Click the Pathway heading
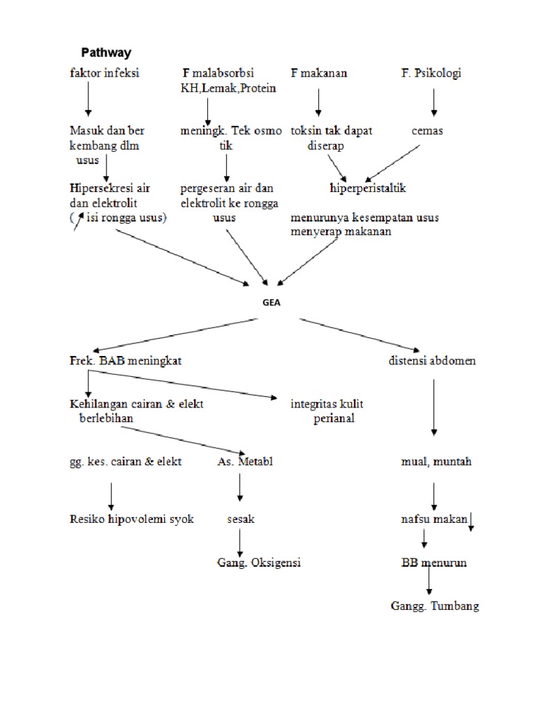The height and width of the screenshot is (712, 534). click(x=106, y=52)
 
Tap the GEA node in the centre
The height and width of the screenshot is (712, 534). click(x=271, y=303)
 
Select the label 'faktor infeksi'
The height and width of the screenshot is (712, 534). click(x=104, y=73)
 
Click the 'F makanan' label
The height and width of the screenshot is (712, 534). click(x=319, y=73)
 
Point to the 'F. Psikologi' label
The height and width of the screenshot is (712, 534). click(x=431, y=73)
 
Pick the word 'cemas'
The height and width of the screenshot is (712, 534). click(x=427, y=130)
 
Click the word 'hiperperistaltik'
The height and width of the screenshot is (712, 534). click(x=368, y=188)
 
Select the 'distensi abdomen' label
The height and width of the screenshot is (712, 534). click(x=432, y=361)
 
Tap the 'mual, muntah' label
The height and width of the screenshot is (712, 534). click(x=436, y=461)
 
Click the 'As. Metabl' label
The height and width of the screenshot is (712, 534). click(x=241, y=461)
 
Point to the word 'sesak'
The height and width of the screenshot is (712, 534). click(x=241, y=519)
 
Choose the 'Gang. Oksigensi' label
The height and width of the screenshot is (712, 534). click(x=259, y=563)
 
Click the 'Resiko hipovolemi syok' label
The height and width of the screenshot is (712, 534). click(x=131, y=519)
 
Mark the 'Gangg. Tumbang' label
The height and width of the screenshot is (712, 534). click(x=435, y=606)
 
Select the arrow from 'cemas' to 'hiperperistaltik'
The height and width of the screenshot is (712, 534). click(x=393, y=161)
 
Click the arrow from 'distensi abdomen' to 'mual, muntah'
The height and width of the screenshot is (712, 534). click(x=434, y=407)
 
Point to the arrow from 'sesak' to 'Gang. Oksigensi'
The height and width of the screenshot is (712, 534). click(x=240, y=542)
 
